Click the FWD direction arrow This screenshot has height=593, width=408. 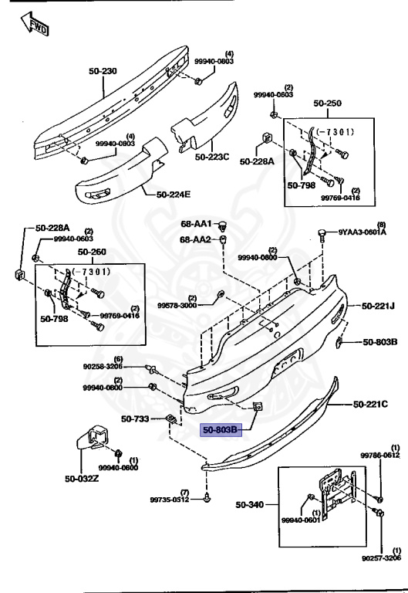click(x=35, y=26)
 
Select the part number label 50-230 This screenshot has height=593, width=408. click(x=102, y=71)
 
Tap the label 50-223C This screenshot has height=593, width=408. click(x=212, y=157)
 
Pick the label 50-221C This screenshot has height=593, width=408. click(x=370, y=403)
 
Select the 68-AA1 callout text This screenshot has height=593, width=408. click(x=196, y=224)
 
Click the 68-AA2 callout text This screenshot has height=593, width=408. click(x=196, y=240)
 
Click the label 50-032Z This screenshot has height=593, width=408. click(x=81, y=477)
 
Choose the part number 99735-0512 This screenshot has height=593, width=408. click(x=174, y=500)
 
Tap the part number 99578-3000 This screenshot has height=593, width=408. click(x=177, y=306)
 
